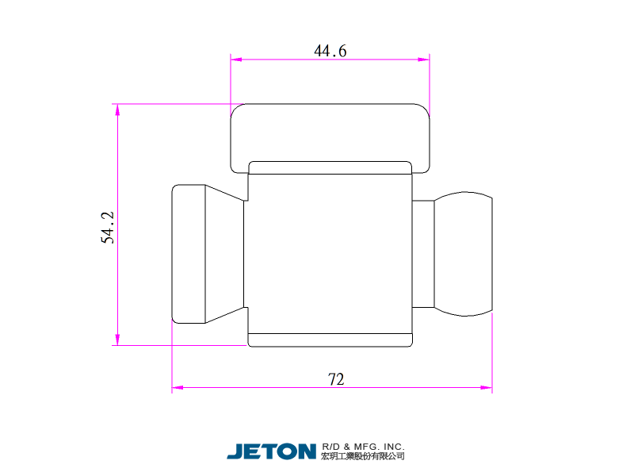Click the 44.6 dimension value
tap(330, 51)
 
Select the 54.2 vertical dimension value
tap(108, 228)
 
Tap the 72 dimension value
tap(336, 379)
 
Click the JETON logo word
tap(271, 451)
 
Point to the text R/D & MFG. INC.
tap(363, 447)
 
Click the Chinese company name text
tap(363, 456)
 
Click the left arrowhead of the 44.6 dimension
tap(236, 59)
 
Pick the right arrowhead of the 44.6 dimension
tap(424, 59)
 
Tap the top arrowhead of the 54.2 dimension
tap(117, 109)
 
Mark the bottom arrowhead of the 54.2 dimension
tap(117, 340)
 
